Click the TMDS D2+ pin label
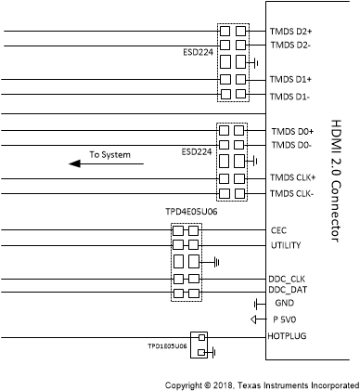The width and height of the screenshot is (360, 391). click(x=291, y=31)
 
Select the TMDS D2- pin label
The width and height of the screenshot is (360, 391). click(x=290, y=45)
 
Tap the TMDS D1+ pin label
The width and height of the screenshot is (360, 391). click(x=291, y=80)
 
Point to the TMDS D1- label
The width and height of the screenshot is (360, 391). click(x=290, y=96)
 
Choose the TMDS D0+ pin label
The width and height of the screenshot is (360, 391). click(x=291, y=131)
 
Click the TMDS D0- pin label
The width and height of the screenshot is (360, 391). click(x=290, y=145)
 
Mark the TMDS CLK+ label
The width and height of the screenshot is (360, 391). click(x=294, y=178)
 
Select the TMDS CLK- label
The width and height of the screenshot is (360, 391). click(x=293, y=193)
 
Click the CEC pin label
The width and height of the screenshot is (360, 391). click(x=278, y=229)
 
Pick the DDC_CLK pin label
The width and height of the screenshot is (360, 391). click(x=289, y=280)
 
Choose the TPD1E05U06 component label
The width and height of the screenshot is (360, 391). click(x=166, y=345)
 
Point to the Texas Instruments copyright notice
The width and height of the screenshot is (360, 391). click(x=261, y=383)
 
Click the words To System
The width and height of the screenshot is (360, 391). click(x=109, y=153)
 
